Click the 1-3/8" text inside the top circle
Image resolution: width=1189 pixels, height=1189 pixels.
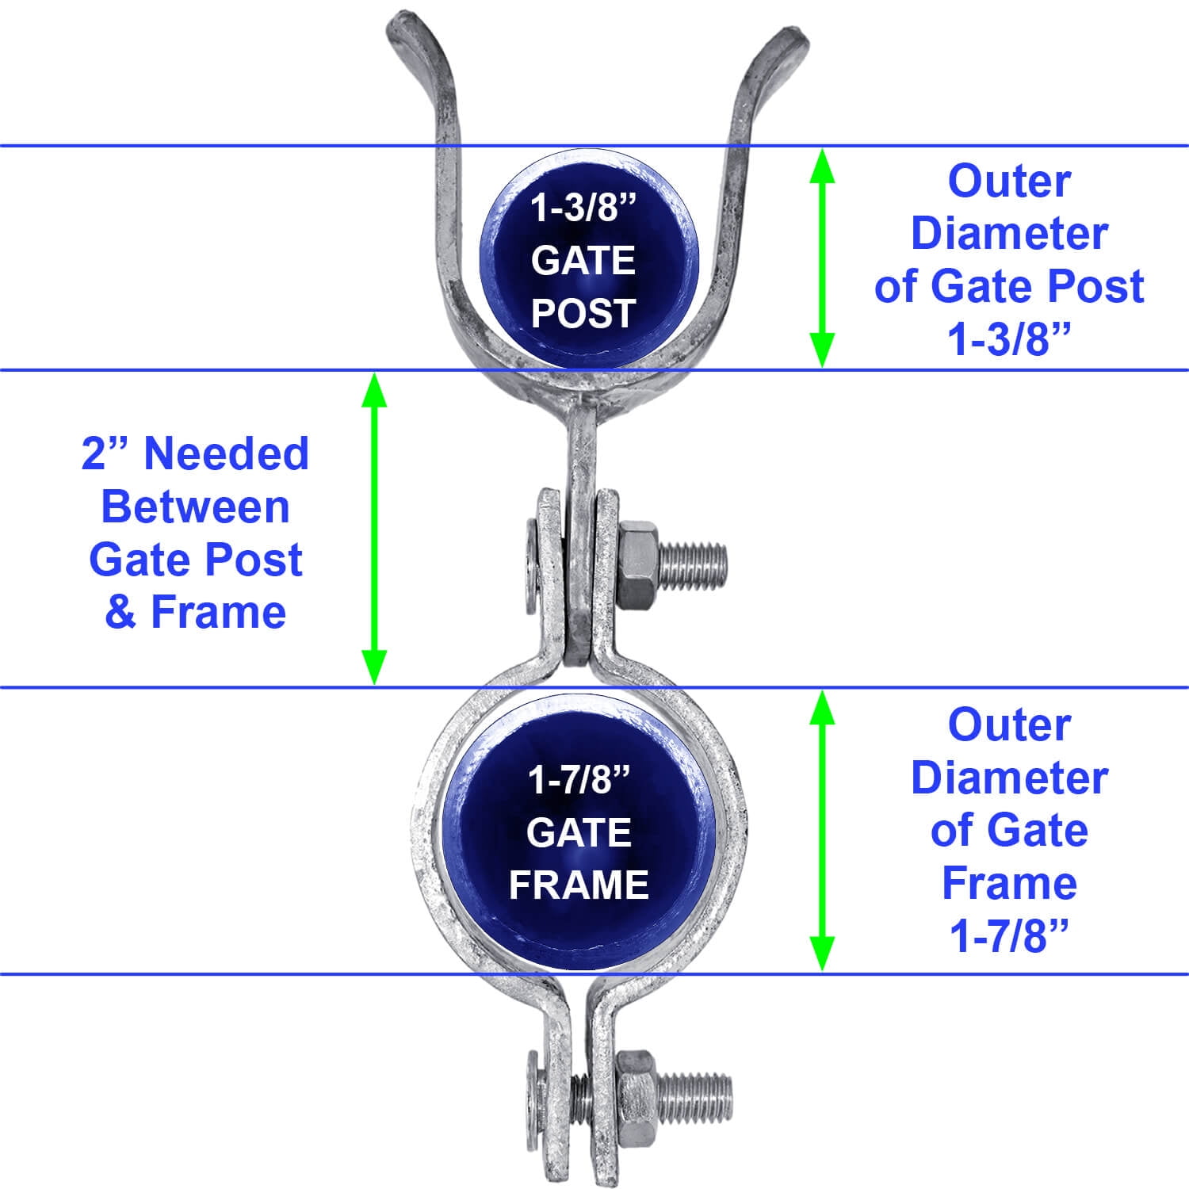[583, 208]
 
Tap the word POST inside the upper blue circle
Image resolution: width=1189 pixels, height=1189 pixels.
[583, 313]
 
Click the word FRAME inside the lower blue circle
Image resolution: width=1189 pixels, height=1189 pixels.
[579, 885]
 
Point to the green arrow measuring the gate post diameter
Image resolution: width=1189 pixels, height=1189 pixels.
[822, 258]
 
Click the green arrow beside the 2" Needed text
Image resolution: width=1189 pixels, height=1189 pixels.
[374, 528]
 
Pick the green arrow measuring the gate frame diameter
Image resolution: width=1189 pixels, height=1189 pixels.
[822, 830]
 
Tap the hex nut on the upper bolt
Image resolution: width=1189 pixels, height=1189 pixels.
[637, 565]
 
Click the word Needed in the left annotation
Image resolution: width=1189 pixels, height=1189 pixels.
[226, 454]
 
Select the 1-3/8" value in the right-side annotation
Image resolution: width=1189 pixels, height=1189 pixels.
[1009, 339]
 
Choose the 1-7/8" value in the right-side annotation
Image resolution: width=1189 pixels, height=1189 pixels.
[1009, 936]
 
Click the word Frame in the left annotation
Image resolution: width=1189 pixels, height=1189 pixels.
[218, 613]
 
